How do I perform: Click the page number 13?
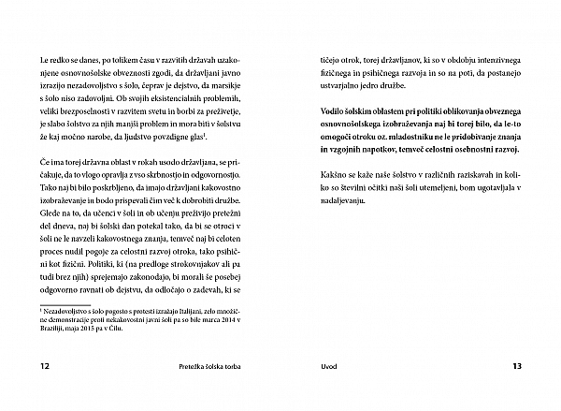coord(516,366)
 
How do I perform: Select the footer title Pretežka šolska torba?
coord(217,366)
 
